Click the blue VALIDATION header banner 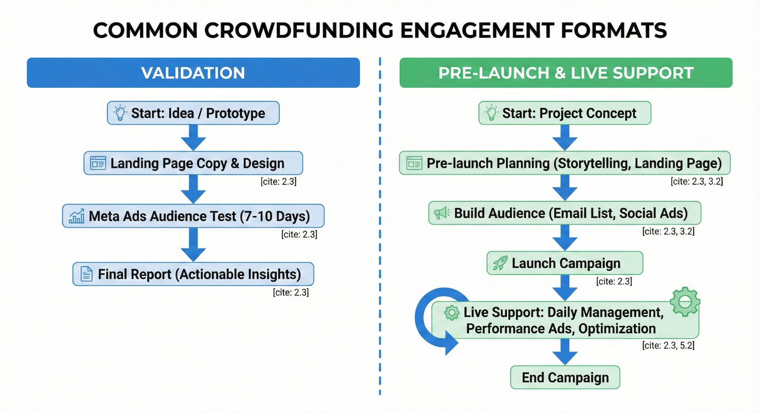193,73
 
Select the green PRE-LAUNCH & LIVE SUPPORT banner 566,73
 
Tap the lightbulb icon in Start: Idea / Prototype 120,113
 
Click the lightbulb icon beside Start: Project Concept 491,113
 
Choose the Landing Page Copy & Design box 193,163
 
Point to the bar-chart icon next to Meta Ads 76,216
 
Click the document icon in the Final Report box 86,274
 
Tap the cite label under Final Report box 291,293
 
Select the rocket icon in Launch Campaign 500,263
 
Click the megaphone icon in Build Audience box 441,213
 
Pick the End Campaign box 565,378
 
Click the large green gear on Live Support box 685,302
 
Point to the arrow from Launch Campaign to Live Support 565,288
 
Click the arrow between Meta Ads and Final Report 193,244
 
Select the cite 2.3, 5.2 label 668,346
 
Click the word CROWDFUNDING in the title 299,30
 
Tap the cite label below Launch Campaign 614,282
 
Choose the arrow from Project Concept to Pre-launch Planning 565,138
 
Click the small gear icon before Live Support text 451,313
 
